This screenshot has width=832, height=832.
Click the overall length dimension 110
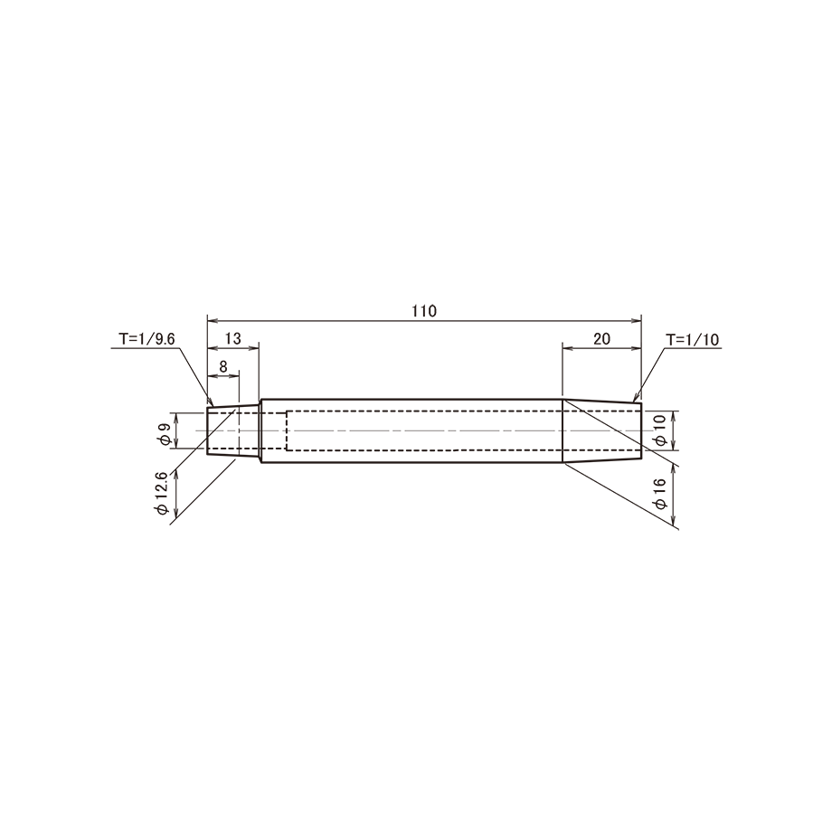424,311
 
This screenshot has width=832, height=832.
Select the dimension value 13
233,338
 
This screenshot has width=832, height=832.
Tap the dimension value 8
222,366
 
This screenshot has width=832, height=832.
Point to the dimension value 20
601,338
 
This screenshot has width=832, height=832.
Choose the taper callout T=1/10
693,339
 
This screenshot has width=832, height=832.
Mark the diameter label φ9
165,433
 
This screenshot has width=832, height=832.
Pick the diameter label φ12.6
162,492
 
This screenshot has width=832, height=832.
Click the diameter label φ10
659,430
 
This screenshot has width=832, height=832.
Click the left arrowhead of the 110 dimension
213,320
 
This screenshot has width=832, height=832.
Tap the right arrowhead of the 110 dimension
636,320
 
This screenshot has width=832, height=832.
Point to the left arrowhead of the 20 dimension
568,348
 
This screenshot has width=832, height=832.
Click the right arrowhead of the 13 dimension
253,348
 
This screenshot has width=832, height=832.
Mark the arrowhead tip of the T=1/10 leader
634,402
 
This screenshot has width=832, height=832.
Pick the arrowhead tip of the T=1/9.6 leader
212,406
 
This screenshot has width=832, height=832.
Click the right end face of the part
641,430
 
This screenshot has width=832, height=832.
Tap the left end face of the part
207,430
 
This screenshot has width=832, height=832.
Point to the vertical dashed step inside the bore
286,430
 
